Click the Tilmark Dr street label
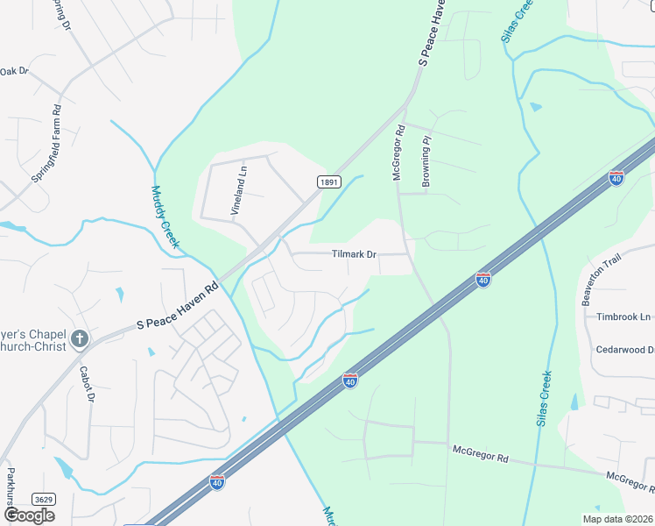(354, 254)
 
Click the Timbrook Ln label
(623, 316)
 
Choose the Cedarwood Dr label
(625, 350)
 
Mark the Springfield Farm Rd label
(47, 144)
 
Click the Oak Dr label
(14, 71)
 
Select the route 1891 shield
(328, 181)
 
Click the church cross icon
(80, 338)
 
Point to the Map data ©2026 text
(617, 519)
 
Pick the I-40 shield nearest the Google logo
(216, 482)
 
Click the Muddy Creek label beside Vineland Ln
(164, 217)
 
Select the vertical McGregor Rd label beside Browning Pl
(398, 153)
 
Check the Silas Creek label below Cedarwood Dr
(544, 398)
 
